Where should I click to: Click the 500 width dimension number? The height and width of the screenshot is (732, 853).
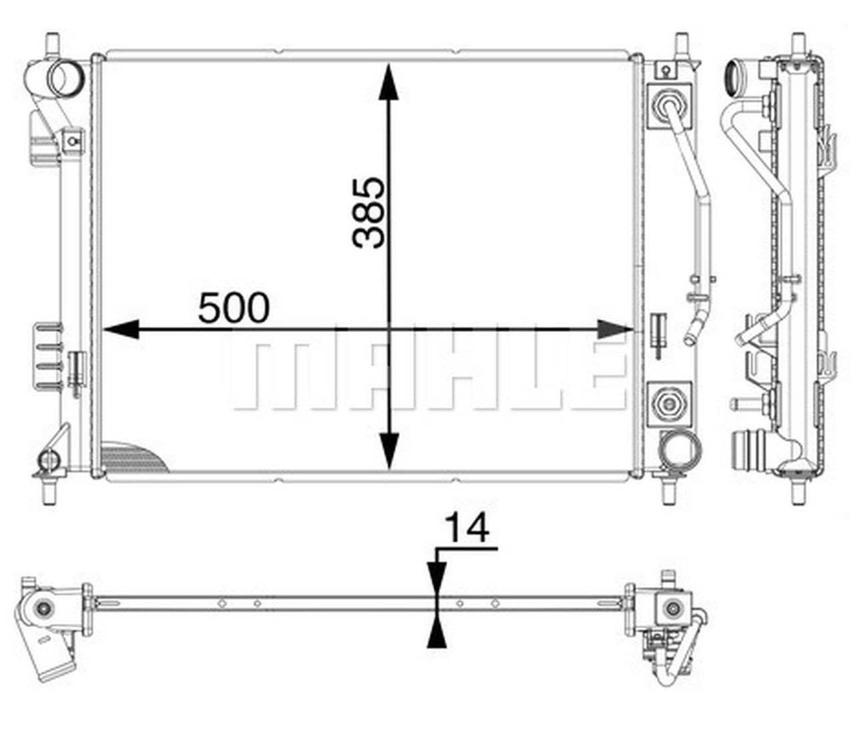click(234, 307)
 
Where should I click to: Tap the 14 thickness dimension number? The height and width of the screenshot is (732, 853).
click(467, 527)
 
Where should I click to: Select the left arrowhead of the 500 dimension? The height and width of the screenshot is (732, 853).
click(121, 329)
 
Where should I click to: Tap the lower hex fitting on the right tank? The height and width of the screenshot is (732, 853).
click(668, 402)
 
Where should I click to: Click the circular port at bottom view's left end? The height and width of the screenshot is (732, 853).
click(44, 609)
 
